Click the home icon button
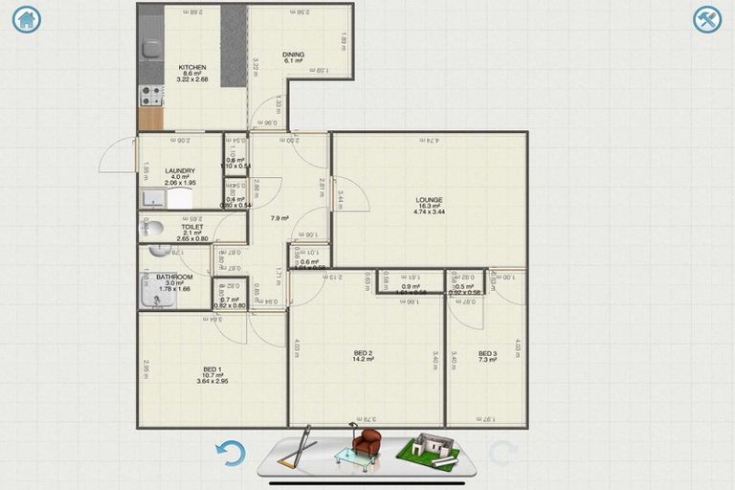pyautogui.click(x=26, y=19)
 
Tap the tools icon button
pyautogui.click(x=707, y=19)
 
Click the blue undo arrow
pyautogui.click(x=231, y=453)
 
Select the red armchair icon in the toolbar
pyautogui.click(x=366, y=443)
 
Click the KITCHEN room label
pyautogui.click(x=192, y=68)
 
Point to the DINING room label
pyautogui.click(x=293, y=55)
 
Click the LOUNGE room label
pyautogui.click(x=429, y=200)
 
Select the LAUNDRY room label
pyautogui.click(x=180, y=170)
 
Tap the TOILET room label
pyautogui.click(x=192, y=227)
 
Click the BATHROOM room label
pyautogui.click(x=174, y=278)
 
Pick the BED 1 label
pyautogui.click(x=212, y=369)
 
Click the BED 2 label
pyautogui.click(x=363, y=353)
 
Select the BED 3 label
pyautogui.click(x=487, y=353)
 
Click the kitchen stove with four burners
pyautogui.click(x=151, y=96)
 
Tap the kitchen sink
pyautogui.click(x=151, y=48)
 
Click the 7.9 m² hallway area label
pyautogui.click(x=279, y=218)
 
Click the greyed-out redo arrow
pyautogui.click(x=502, y=453)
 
